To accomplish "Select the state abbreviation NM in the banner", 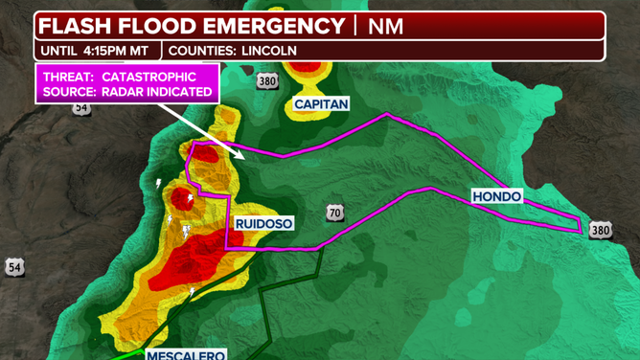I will pos(385,26).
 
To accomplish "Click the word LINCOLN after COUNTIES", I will pos(269,50).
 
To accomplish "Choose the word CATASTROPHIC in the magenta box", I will pos(149,77).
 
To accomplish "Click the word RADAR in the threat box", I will pos(126,92).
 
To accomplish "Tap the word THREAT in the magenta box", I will pos(69,77).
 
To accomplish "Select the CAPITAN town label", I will pos(321,103).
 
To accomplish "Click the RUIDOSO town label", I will pos(263,223).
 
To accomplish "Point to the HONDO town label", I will pos(496,196).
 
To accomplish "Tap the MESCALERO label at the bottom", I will pos(186,355).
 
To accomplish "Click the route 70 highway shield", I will pos(334,213).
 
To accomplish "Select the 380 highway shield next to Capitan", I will pos(267,81).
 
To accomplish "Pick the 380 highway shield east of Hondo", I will pos(600,230).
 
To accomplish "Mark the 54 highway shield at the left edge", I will pos(14,266).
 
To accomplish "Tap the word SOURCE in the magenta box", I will pos(70,92).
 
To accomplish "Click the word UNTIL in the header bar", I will pos(59,50).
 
